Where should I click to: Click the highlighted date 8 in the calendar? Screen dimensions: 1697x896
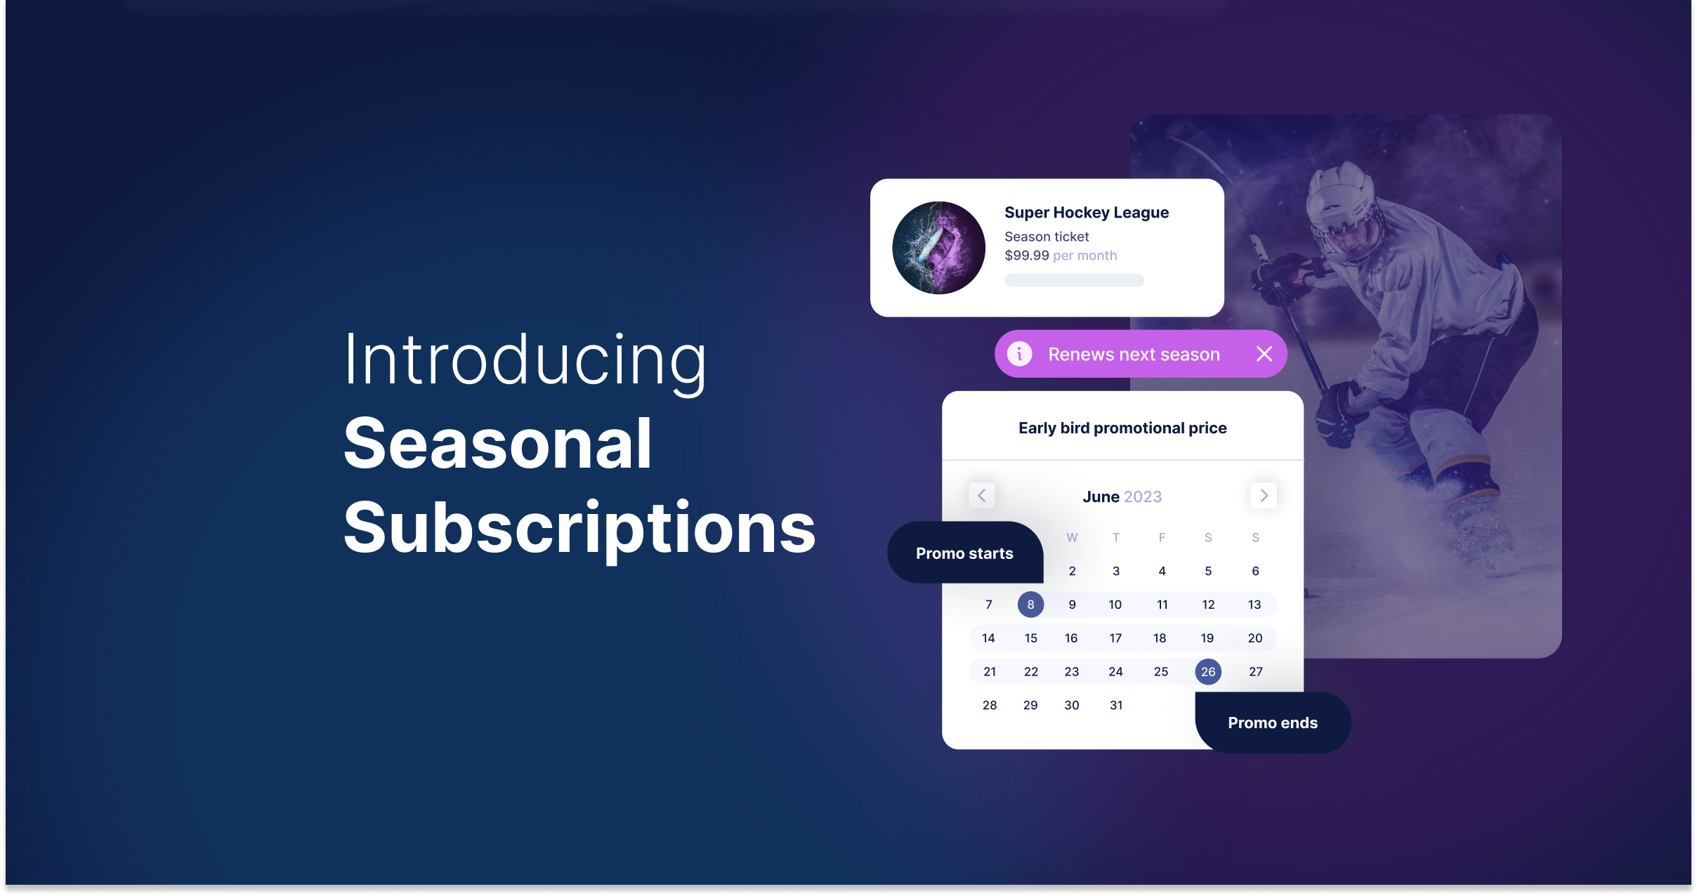pos(1030,605)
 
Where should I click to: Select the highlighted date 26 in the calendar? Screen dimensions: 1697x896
pos(1208,672)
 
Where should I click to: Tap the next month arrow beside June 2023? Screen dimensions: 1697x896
pos(1264,496)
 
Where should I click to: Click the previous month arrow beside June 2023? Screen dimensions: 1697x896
pos(982,496)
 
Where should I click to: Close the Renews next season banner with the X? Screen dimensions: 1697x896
pos(1264,354)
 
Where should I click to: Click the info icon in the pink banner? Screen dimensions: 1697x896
pos(1020,354)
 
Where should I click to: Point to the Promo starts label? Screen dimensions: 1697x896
pos(965,553)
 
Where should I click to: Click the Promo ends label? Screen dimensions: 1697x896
pos(1273,723)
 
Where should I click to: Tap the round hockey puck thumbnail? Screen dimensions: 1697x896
pos(938,248)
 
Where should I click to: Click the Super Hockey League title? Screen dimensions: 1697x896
pos(1087,213)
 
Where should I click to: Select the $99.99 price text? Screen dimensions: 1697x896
pos(1027,256)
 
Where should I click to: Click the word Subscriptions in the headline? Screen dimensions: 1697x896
pos(580,528)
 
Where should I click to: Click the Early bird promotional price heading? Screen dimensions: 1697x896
pos(1122,428)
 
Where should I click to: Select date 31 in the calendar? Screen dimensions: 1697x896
pos(1116,706)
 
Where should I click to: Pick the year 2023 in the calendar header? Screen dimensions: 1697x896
pos(1143,497)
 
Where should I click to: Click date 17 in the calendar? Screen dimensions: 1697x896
pos(1115,638)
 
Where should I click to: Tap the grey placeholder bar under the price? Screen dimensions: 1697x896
pos(1074,280)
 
